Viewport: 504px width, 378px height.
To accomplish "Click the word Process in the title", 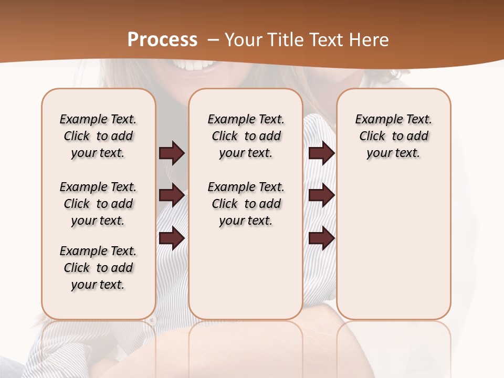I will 162,40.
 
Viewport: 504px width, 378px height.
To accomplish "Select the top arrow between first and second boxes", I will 172,153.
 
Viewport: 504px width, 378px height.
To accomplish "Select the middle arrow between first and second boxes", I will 172,196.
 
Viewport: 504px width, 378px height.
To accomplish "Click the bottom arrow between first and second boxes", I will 172,238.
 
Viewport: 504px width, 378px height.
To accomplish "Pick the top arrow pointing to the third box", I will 322,153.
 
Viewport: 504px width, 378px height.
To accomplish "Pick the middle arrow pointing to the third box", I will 322,195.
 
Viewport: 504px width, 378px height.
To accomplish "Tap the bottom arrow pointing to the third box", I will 322,238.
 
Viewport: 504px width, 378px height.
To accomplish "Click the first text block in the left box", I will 98,136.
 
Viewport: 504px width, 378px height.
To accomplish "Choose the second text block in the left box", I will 98,204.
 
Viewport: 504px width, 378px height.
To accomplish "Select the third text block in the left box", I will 98,268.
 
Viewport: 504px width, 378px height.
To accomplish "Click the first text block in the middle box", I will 246,136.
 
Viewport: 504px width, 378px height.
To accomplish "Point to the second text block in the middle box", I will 246,204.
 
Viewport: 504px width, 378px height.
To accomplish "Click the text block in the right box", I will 393,136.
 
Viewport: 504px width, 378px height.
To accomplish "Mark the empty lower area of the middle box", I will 246,273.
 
